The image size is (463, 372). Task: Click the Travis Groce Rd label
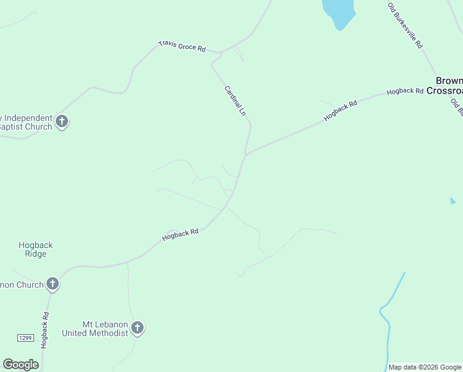(x=182, y=46)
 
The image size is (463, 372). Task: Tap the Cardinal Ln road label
(x=235, y=101)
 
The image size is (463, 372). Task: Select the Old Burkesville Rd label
(x=405, y=25)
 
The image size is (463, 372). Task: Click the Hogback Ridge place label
(x=35, y=249)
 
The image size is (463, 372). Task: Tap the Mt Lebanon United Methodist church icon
(x=137, y=328)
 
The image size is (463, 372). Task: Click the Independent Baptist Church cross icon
(x=61, y=121)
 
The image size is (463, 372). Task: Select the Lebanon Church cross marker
(x=53, y=284)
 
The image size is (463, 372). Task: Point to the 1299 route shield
(x=24, y=337)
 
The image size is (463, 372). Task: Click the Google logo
(x=20, y=365)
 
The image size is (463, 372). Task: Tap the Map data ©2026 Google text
(x=425, y=367)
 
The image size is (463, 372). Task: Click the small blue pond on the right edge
(x=452, y=201)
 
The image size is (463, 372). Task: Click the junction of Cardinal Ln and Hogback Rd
(x=246, y=154)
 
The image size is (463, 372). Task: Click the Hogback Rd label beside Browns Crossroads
(x=405, y=91)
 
